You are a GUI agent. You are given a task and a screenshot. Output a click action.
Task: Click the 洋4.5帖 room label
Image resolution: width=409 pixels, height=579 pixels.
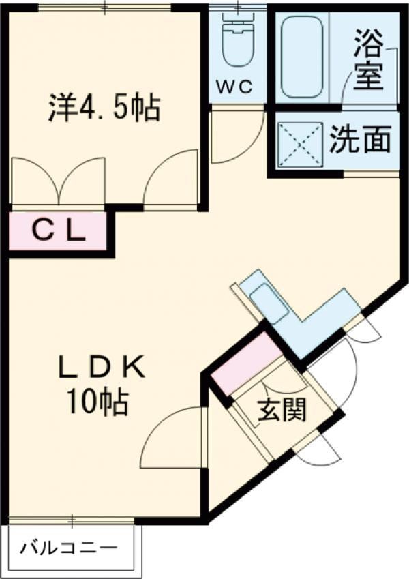pyautogui.click(x=104, y=108)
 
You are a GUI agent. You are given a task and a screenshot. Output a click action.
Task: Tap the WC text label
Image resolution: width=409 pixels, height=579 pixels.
pyautogui.click(x=234, y=87)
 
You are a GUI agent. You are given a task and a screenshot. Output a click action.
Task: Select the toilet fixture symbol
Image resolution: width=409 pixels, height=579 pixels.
pyautogui.click(x=237, y=41)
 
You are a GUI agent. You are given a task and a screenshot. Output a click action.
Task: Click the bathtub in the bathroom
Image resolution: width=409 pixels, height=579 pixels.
pyautogui.click(x=302, y=57)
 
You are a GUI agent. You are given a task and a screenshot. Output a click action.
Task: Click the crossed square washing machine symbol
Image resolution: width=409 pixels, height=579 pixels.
pyautogui.click(x=301, y=145)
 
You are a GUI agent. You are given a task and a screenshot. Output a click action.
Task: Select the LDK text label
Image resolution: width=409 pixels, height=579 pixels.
pyautogui.click(x=102, y=367)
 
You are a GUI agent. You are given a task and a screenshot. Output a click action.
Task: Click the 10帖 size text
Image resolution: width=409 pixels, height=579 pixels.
pyautogui.click(x=97, y=402)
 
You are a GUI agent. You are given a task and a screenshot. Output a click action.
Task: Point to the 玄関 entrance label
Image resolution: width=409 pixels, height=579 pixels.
pyautogui.click(x=282, y=411)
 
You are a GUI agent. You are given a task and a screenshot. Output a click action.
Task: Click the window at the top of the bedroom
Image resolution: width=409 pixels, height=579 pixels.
pyautogui.click(x=105, y=8)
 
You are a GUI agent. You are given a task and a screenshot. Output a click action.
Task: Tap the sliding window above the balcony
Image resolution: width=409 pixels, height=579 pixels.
pyautogui.click(x=72, y=520)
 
